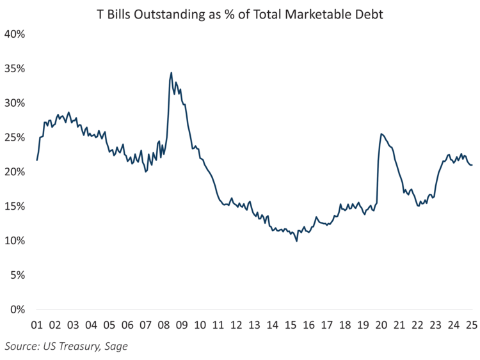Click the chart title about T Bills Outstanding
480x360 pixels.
coord(239,13)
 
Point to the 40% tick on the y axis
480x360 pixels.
coord(14,34)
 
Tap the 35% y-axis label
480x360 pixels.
coord(14,68)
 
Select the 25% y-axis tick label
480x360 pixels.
coord(14,137)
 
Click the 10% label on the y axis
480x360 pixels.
coord(14,240)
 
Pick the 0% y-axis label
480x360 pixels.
coord(17,309)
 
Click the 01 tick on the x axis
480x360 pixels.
coord(36,324)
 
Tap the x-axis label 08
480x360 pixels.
coord(164,324)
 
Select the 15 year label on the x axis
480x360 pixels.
coord(291,324)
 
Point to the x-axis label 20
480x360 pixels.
coord(381,324)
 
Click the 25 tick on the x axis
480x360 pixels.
coord(472,324)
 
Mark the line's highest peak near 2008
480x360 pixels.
coord(172,73)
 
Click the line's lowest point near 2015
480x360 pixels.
coord(297,241)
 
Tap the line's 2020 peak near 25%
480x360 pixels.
coord(381,134)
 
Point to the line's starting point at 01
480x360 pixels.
coord(37,160)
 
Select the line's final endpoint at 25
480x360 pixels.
coord(472,166)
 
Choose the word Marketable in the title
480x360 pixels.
coord(326,13)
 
